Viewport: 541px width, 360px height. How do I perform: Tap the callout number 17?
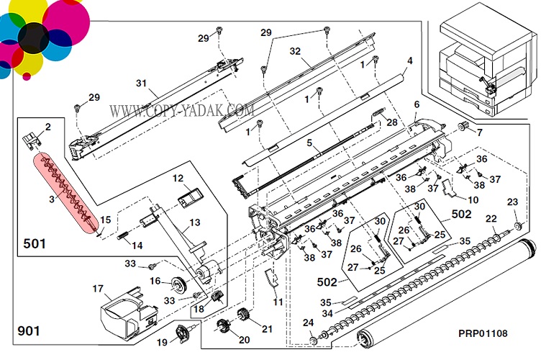pos(98,289)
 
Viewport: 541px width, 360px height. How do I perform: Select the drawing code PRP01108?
pos(483,333)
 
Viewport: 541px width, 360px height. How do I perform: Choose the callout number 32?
pos(294,52)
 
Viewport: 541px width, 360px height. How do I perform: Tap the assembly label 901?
pos(29,331)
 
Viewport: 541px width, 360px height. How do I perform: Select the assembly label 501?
pos(34,243)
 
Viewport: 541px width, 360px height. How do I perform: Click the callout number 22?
pos(491,219)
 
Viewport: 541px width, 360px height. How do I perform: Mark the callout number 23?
pos(512,202)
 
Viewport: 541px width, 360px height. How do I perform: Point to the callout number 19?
pos(163,342)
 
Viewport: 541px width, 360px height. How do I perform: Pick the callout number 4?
pos(409,60)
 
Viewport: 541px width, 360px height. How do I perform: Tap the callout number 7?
pos(479,132)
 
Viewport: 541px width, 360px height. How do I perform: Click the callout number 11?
pos(278,301)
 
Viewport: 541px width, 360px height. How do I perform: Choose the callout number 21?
pos(267,329)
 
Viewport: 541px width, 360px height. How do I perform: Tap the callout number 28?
pos(391,123)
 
